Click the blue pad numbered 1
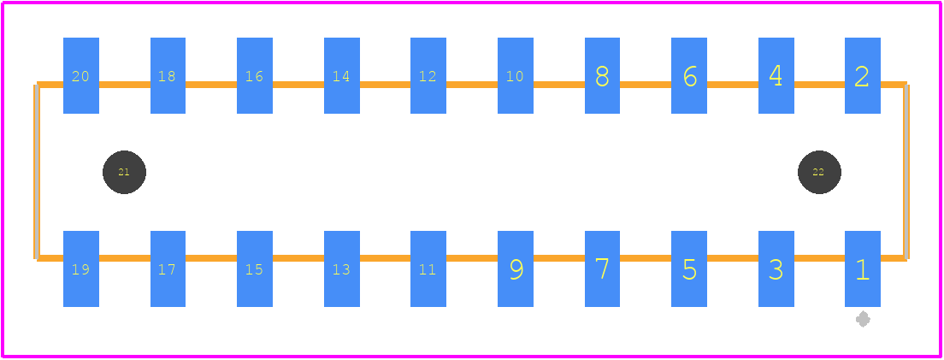862,269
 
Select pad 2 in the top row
862,75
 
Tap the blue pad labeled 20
81,75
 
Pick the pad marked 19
81,269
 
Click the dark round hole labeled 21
124,172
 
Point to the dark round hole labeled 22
819,172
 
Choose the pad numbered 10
516,75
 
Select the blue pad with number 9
516,269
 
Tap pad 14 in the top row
342,75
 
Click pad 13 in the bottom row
342,269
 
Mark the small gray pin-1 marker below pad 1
863,319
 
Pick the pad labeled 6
689,75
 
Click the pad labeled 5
689,269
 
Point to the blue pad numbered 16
255,75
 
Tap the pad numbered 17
168,269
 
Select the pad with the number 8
602,75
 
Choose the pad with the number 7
602,269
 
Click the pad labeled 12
428,75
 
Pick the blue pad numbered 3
776,269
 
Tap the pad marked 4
776,75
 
